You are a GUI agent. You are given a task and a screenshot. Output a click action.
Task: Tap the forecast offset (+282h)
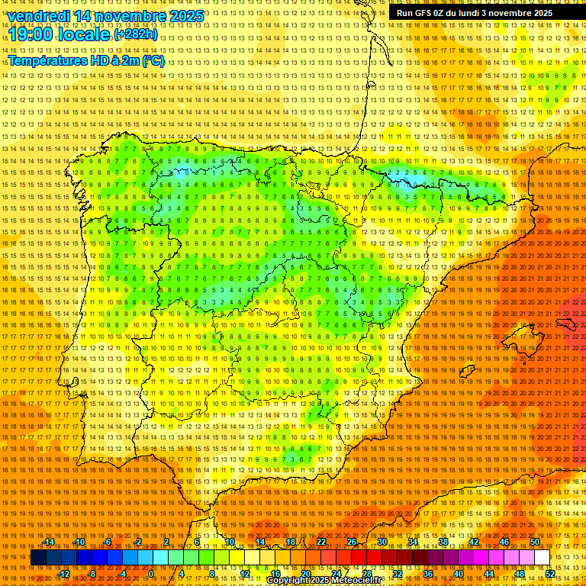136,34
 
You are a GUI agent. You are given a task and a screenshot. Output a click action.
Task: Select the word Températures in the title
47,60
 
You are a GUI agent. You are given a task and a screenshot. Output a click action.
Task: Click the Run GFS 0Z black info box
472,13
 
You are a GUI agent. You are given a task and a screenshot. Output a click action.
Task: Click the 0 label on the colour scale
152,574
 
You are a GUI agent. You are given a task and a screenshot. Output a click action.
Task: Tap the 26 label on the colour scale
351,542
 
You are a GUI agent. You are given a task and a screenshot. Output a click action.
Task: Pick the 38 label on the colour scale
443,542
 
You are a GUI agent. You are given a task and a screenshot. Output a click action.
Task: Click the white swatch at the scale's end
542,558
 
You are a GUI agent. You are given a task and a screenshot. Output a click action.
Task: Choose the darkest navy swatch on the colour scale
38,558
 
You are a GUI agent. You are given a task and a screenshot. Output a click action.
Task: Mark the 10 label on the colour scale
229,542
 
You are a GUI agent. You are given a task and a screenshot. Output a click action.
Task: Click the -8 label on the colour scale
92,574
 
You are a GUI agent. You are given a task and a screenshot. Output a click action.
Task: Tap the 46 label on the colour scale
504,542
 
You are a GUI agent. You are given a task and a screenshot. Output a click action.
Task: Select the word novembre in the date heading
127,16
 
